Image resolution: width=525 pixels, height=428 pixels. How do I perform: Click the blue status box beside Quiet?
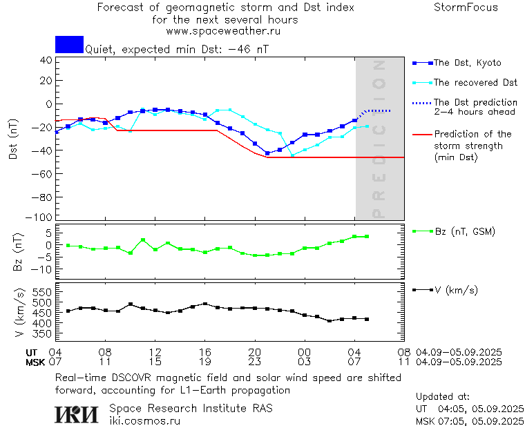[x=69, y=44]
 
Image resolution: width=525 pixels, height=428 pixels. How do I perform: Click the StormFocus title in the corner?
[x=466, y=8]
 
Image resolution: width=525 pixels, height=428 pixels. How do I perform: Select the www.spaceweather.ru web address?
[x=223, y=31]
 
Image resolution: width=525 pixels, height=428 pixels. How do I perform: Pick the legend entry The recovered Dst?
[x=475, y=83]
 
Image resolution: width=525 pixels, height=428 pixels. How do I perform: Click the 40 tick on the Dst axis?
[x=46, y=60]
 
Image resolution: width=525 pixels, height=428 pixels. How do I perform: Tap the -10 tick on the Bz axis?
[x=43, y=269]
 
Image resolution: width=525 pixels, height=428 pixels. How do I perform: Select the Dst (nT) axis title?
[x=13, y=140]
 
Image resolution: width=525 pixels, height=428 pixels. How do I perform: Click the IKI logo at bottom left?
[x=77, y=414]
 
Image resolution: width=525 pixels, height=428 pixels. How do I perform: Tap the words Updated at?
[x=442, y=397]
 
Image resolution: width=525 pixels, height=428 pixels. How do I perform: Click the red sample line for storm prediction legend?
[x=421, y=135]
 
